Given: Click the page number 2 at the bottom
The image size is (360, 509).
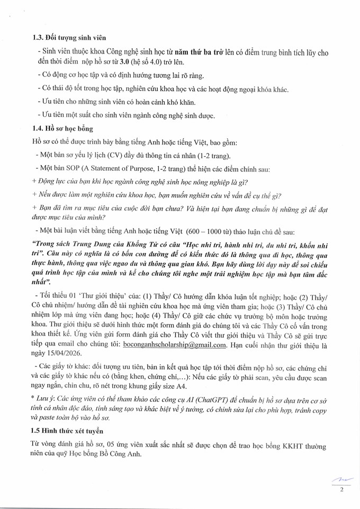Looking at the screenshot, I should coord(341,489).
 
